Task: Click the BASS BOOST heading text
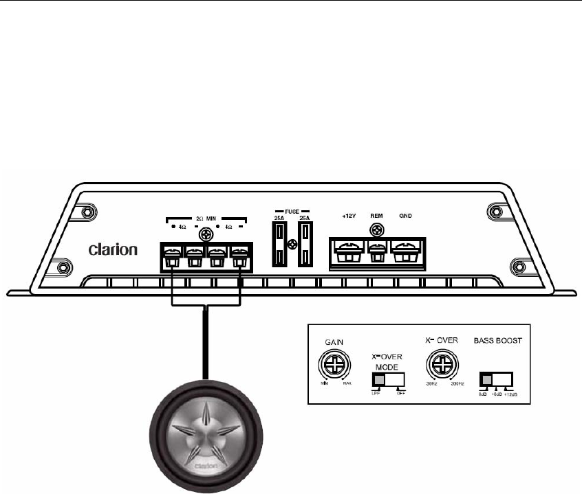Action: tap(497, 341)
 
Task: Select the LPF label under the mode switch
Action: tap(376, 394)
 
